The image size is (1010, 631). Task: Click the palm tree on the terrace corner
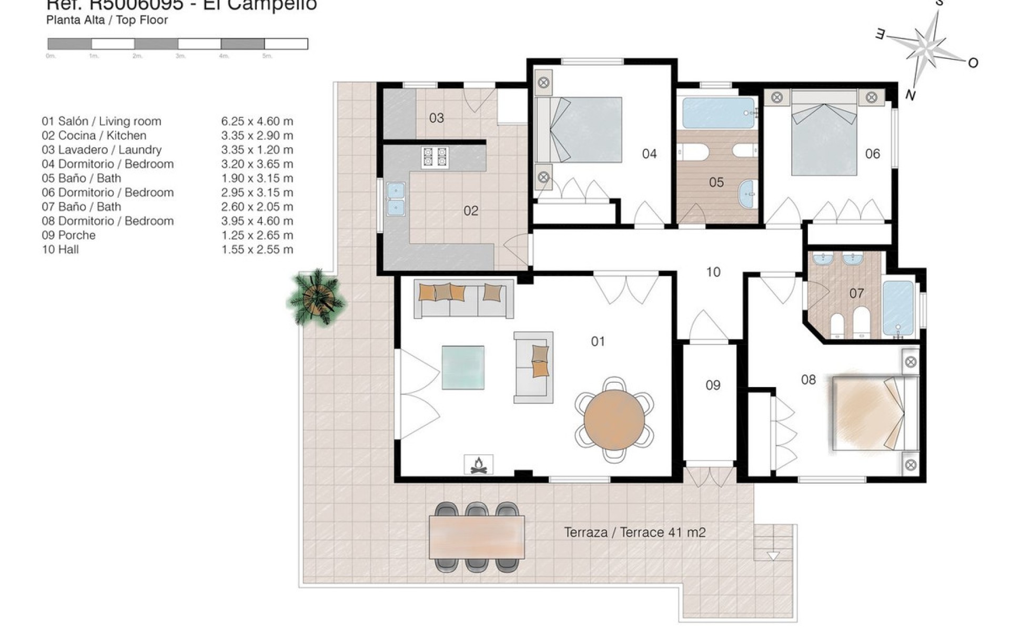click(x=316, y=298)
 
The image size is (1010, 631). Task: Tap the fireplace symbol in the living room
click(x=478, y=465)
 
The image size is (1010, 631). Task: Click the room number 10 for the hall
click(x=713, y=272)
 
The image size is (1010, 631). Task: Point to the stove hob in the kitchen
click(x=435, y=157)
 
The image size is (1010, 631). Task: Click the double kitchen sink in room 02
click(x=395, y=199)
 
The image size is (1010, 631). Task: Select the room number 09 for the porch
click(x=712, y=385)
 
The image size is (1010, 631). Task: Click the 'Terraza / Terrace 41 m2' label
click(x=634, y=532)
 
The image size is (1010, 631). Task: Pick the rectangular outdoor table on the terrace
click(x=477, y=537)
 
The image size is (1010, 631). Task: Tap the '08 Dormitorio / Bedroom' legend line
click(x=108, y=221)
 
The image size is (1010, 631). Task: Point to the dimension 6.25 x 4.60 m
click(x=257, y=121)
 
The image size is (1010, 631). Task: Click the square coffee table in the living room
click(x=463, y=367)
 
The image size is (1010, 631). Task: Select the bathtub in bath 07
click(x=898, y=308)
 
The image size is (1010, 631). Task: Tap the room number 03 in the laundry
click(x=436, y=118)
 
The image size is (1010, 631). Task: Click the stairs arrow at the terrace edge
click(x=773, y=555)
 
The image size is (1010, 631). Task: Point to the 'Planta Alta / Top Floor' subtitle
click(x=107, y=20)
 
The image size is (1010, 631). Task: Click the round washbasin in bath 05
click(x=747, y=193)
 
